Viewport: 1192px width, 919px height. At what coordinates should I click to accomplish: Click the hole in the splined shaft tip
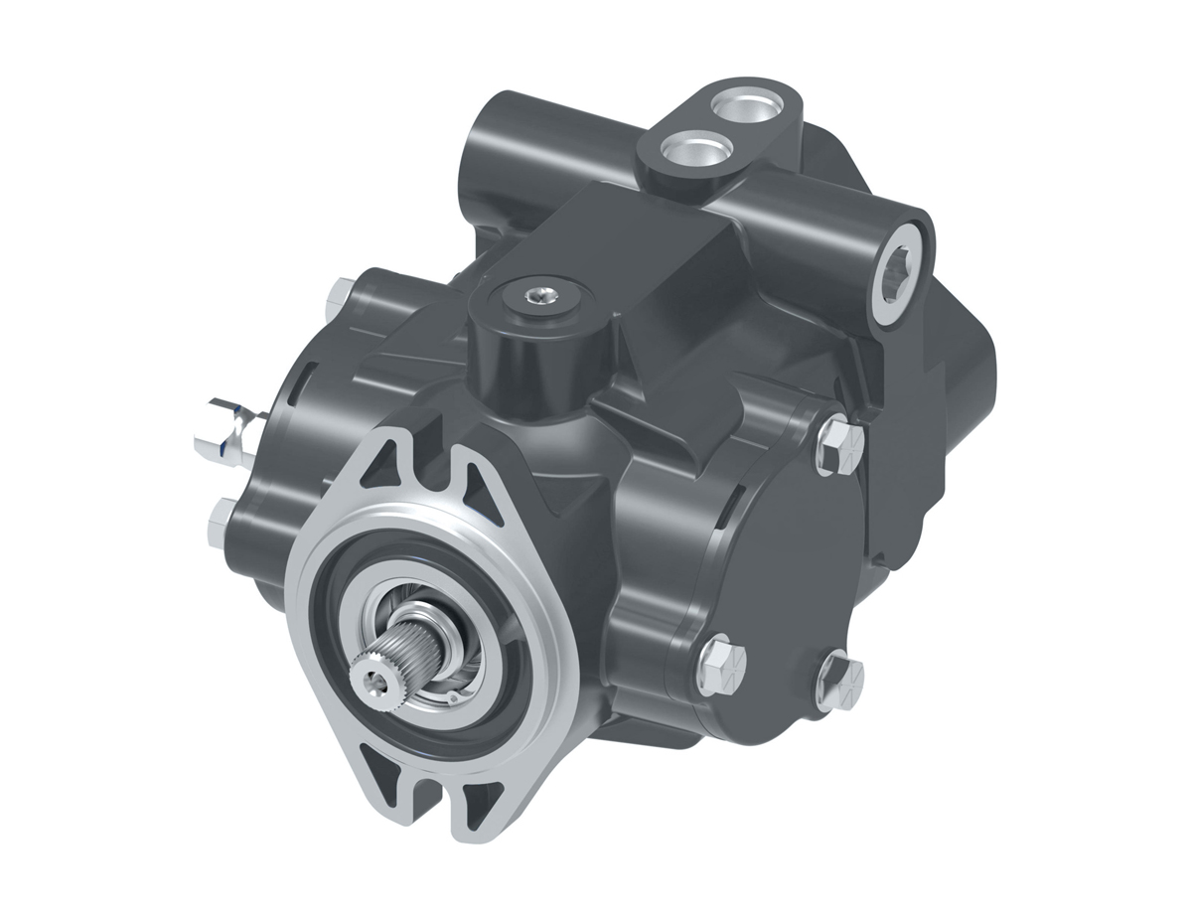(374, 679)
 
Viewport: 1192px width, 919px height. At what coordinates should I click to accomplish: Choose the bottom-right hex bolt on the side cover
(839, 681)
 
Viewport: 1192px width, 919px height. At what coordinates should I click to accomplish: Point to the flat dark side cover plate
(795, 576)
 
